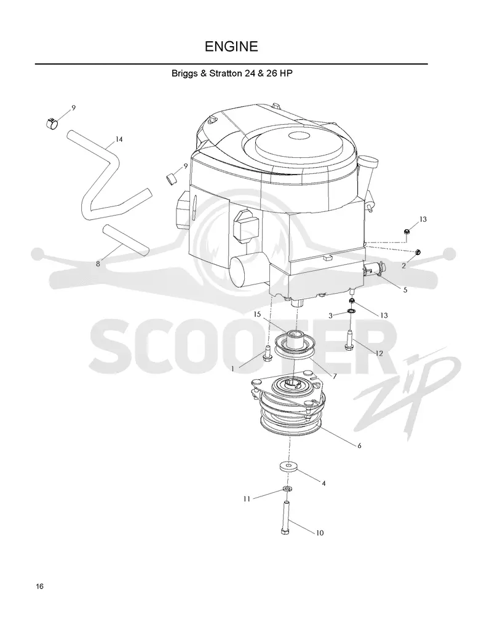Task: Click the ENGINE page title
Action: point(231,47)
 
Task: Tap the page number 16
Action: point(39,586)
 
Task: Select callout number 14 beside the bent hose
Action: point(119,139)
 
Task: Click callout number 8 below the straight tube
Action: point(98,264)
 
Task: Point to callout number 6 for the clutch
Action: point(359,445)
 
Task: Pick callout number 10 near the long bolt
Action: point(319,533)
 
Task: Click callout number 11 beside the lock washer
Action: point(247,499)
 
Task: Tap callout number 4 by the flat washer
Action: point(323,484)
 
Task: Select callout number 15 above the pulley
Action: point(257,314)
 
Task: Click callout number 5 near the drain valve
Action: point(405,290)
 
